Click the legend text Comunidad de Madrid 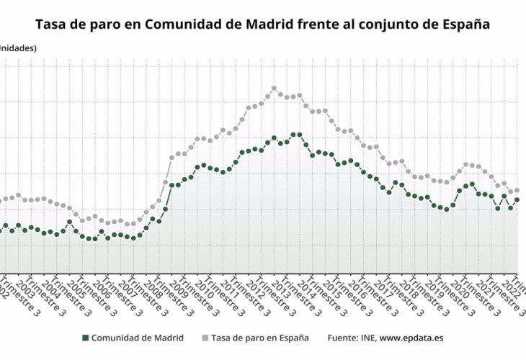tap(137, 338)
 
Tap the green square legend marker tap(85, 338)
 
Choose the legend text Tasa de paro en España tap(260, 338)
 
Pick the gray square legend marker tap(205, 338)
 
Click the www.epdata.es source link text tap(411, 338)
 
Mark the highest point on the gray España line tap(275, 89)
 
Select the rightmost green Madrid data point tap(517, 199)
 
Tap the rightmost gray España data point tap(517, 190)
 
